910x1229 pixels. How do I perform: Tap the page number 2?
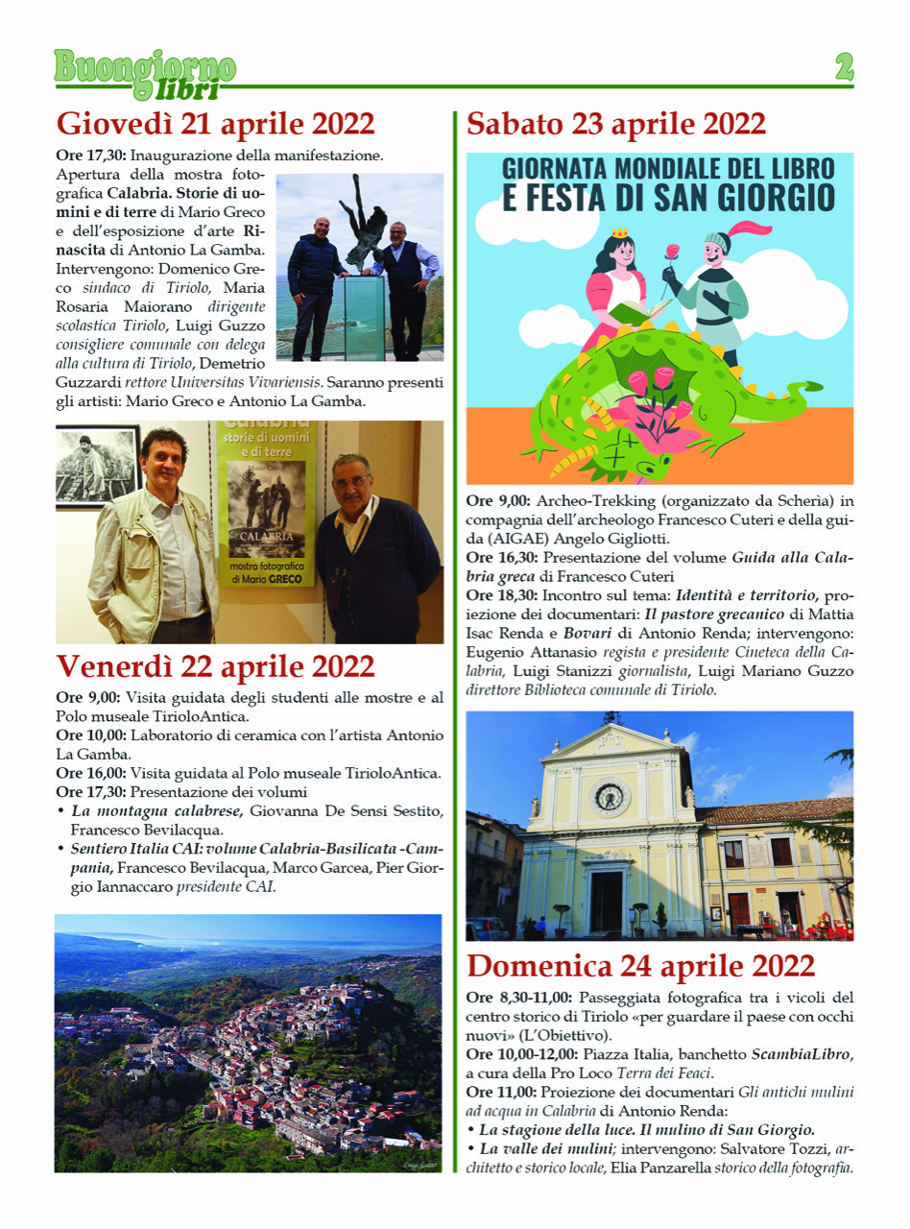pos(844,66)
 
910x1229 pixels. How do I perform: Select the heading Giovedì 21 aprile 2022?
pos(215,125)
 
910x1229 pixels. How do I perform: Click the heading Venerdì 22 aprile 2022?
pos(215,666)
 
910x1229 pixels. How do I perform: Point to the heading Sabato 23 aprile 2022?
pos(615,125)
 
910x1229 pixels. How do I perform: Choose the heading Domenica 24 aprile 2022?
pos(640,965)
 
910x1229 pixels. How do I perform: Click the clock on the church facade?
pos(611,796)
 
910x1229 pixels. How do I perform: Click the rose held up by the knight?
pos(672,253)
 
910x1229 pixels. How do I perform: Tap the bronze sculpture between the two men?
pos(364,227)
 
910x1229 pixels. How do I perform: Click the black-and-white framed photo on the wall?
pos(99,468)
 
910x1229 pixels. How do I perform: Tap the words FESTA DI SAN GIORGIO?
pos(668,196)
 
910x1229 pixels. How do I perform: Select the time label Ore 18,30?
pos(498,595)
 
